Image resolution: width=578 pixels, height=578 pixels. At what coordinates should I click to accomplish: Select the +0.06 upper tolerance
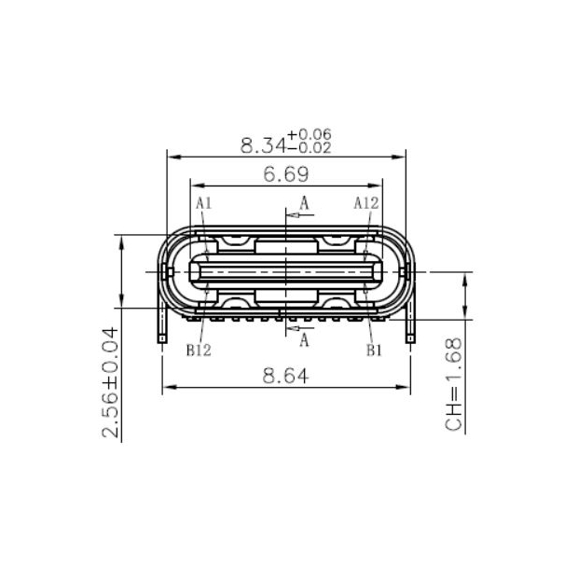point(309,135)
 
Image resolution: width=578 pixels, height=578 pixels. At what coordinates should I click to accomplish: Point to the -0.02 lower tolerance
point(309,147)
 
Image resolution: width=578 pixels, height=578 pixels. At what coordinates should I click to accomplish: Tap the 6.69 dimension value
point(285,173)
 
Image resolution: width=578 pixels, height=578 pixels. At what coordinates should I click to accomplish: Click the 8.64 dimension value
point(285,376)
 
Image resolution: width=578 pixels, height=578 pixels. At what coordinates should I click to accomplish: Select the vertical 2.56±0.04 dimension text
point(110,382)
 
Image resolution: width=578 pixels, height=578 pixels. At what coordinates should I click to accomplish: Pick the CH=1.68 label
point(454,384)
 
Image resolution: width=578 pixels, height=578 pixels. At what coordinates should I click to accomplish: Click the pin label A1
point(204,203)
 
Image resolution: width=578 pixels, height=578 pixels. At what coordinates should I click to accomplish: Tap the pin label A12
point(366,203)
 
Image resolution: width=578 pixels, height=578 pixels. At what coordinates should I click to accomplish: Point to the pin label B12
point(199,351)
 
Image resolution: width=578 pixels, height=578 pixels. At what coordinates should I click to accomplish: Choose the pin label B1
point(374,351)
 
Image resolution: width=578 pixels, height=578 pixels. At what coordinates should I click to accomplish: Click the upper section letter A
point(304,201)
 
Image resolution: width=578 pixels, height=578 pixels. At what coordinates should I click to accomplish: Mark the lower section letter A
point(304,341)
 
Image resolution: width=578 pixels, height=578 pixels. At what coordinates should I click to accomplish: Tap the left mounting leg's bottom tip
point(162,339)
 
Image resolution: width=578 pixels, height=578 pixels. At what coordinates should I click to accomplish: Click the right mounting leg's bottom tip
point(410,339)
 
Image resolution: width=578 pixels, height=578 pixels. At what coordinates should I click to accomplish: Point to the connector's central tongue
point(285,271)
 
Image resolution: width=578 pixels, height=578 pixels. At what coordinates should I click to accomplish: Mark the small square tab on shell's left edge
point(169,271)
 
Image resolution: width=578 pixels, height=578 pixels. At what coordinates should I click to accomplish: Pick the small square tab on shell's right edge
point(404,271)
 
